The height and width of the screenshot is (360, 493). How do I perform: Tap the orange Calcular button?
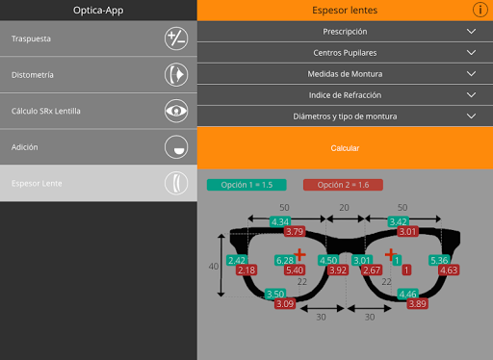(345, 148)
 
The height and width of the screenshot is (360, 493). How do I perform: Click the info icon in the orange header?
(480, 10)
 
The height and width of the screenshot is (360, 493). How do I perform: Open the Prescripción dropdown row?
(345, 32)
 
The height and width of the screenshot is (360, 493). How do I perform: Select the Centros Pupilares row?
(345, 53)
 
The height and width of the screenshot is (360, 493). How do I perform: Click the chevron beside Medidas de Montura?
(471, 74)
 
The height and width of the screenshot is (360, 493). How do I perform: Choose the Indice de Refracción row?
(345, 95)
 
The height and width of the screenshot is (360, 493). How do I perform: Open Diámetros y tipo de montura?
(345, 116)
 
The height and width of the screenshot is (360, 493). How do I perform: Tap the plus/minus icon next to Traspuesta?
(176, 39)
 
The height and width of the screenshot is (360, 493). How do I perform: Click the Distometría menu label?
(33, 75)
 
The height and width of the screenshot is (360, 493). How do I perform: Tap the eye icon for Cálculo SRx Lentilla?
(176, 111)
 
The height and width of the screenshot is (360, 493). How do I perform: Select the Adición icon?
(176, 147)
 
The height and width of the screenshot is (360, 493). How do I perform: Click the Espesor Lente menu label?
(37, 184)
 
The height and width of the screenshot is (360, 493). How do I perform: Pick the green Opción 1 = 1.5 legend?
(246, 185)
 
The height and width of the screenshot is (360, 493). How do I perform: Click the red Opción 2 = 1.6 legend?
(343, 185)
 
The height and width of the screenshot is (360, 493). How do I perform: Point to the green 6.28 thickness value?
(285, 260)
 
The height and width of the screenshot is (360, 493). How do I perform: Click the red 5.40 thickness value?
(295, 270)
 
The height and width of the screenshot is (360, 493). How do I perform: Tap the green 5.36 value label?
(439, 260)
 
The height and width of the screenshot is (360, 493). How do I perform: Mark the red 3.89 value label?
(417, 304)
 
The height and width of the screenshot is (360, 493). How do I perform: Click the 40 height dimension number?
(214, 267)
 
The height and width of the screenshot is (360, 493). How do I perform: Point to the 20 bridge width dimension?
(344, 208)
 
